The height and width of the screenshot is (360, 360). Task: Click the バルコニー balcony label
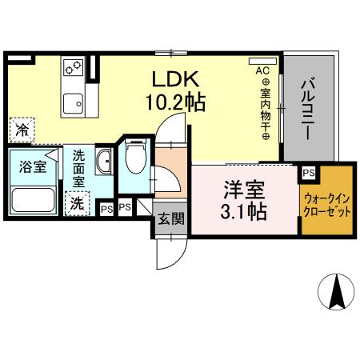click(308, 107)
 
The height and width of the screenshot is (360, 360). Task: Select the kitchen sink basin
click(78, 102)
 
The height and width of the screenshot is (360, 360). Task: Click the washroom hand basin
click(104, 166)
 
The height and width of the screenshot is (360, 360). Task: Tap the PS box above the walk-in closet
click(308, 171)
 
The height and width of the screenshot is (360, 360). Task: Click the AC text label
click(262, 71)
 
